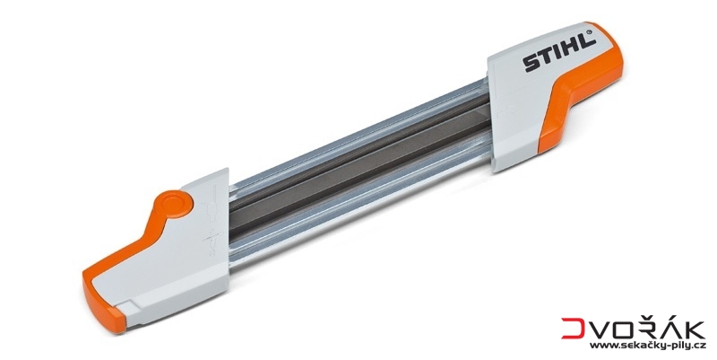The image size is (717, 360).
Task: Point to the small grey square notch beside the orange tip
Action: [130, 305]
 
